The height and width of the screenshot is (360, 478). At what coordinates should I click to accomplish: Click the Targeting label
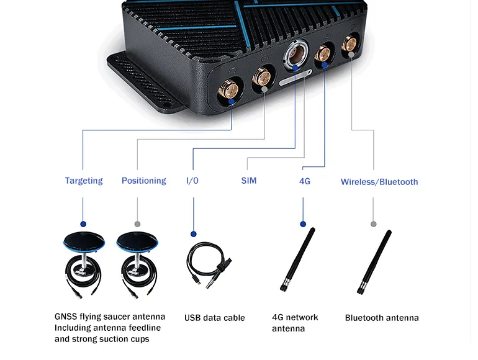[x=84, y=181]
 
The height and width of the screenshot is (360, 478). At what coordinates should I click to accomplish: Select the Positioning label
[x=143, y=181]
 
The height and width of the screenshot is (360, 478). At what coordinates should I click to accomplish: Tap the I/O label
[x=192, y=181]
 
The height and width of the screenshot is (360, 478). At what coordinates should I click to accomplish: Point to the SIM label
[x=248, y=181]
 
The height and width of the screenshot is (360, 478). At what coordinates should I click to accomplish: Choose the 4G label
[x=304, y=181]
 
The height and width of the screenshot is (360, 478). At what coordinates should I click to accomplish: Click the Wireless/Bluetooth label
[x=379, y=182]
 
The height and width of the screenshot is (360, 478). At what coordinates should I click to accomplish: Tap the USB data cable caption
[x=214, y=318]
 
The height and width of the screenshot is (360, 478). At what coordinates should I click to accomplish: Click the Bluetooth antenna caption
[x=382, y=318]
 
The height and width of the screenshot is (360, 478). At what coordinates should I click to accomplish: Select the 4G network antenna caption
[x=295, y=323]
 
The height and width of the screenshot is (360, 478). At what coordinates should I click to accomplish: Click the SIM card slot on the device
[x=295, y=80]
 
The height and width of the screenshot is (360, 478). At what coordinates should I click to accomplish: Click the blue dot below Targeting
[x=83, y=223]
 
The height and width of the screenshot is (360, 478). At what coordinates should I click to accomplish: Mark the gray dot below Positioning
[x=137, y=223]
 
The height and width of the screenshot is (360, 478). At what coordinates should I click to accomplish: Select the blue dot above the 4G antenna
[x=303, y=223]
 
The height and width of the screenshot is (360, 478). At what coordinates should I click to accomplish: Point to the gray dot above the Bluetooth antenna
[x=373, y=223]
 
